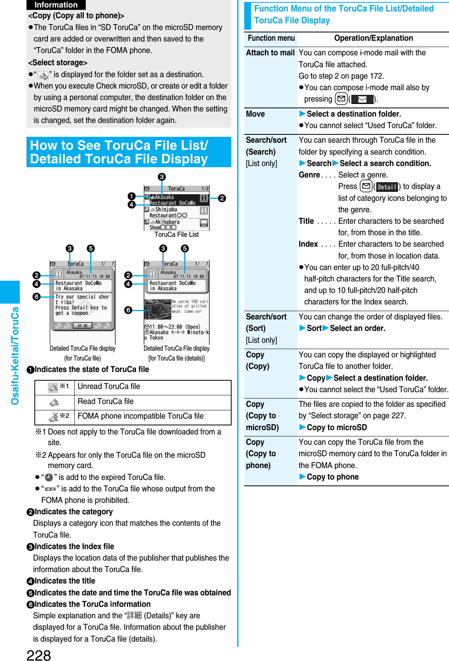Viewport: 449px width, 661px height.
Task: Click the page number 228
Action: pyautogui.click(x=39, y=655)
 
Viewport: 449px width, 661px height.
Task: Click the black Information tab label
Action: pyautogui.click(x=56, y=5)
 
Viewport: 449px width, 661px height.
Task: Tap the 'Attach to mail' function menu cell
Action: pyautogui.click(x=270, y=53)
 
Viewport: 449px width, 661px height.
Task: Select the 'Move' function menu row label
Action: pyautogui.click(x=255, y=114)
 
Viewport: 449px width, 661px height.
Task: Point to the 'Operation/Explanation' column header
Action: pyautogui.click(x=373, y=38)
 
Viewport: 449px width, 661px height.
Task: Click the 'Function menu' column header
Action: pyautogui.click(x=271, y=38)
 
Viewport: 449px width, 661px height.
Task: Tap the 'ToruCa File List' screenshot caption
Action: pyautogui.click(x=176, y=235)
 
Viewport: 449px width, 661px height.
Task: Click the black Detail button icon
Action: pyautogui.click(x=387, y=187)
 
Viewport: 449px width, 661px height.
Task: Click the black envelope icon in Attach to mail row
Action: pyautogui.click(x=362, y=99)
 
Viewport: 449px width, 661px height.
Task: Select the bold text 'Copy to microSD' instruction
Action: pyautogui.click(x=336, y=428)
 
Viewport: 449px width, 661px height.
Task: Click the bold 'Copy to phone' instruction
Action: pyautogui.click(x=332, y=477)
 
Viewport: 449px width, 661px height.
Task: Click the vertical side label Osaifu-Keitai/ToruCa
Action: pyautogui.click(x=15, y=356)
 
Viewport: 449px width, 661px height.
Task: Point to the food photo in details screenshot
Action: pyautogui.click(x=157, y=310)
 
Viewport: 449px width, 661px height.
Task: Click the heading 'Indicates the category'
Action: pyautogui.click(x=74, y=512)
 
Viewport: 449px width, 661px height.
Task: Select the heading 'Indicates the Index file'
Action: pyautogui.click(x=74, y=547)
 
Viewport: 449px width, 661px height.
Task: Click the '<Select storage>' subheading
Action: pyautogui.click(x=58, y=63)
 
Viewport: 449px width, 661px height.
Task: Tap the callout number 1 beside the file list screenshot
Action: pyautogui.click(x=132, y=196)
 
